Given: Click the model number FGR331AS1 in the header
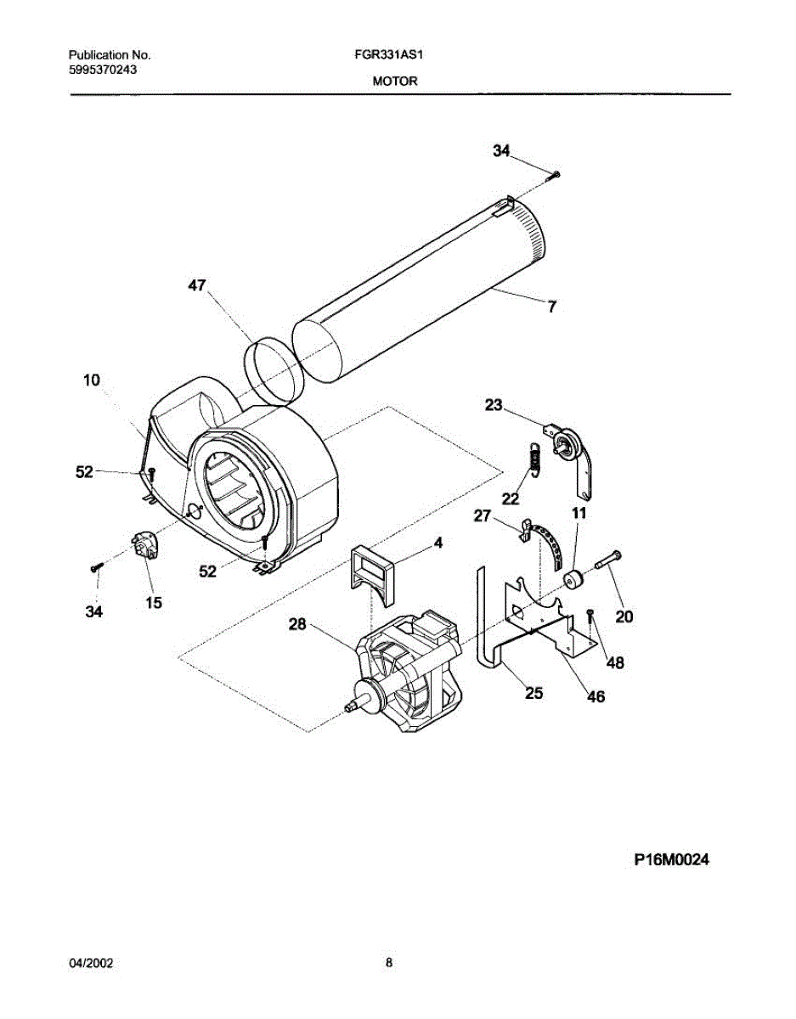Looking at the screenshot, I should pos(388,53).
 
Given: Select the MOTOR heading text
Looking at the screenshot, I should pos(394,82).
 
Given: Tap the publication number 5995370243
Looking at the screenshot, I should pos(104,70).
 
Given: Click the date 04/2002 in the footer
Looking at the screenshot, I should pos(91,964).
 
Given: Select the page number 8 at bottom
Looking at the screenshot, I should pos(389,963).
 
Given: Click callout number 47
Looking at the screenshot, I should pos(197,286).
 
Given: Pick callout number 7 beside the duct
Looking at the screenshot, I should pos(552,307).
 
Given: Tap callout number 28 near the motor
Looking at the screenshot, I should pos(296,625).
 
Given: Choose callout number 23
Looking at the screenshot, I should pos(494,406).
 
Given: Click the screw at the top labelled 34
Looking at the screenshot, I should pos(555,175).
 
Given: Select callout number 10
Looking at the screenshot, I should pos(91,381).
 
